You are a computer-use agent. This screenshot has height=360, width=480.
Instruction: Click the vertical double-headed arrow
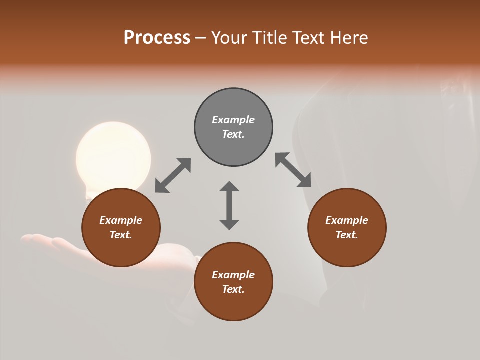point(229,205)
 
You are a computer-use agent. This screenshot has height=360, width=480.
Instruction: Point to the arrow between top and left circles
point(173,175)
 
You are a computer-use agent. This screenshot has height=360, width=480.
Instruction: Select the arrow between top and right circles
point(293,170)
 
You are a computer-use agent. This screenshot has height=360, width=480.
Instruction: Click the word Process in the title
point(157,37)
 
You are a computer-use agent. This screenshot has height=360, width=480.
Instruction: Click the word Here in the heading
point(349,37)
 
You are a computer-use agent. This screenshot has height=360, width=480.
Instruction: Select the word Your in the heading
point(229,37)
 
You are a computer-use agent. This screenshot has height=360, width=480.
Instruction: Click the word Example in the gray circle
point(233,120)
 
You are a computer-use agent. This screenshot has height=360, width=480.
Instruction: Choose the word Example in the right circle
point(347,220)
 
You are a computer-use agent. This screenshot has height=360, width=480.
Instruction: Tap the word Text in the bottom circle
point(232,289)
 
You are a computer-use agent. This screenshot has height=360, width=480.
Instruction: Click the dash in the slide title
point(201,38)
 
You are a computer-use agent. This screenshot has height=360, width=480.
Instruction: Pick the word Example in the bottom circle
point(233,275)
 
